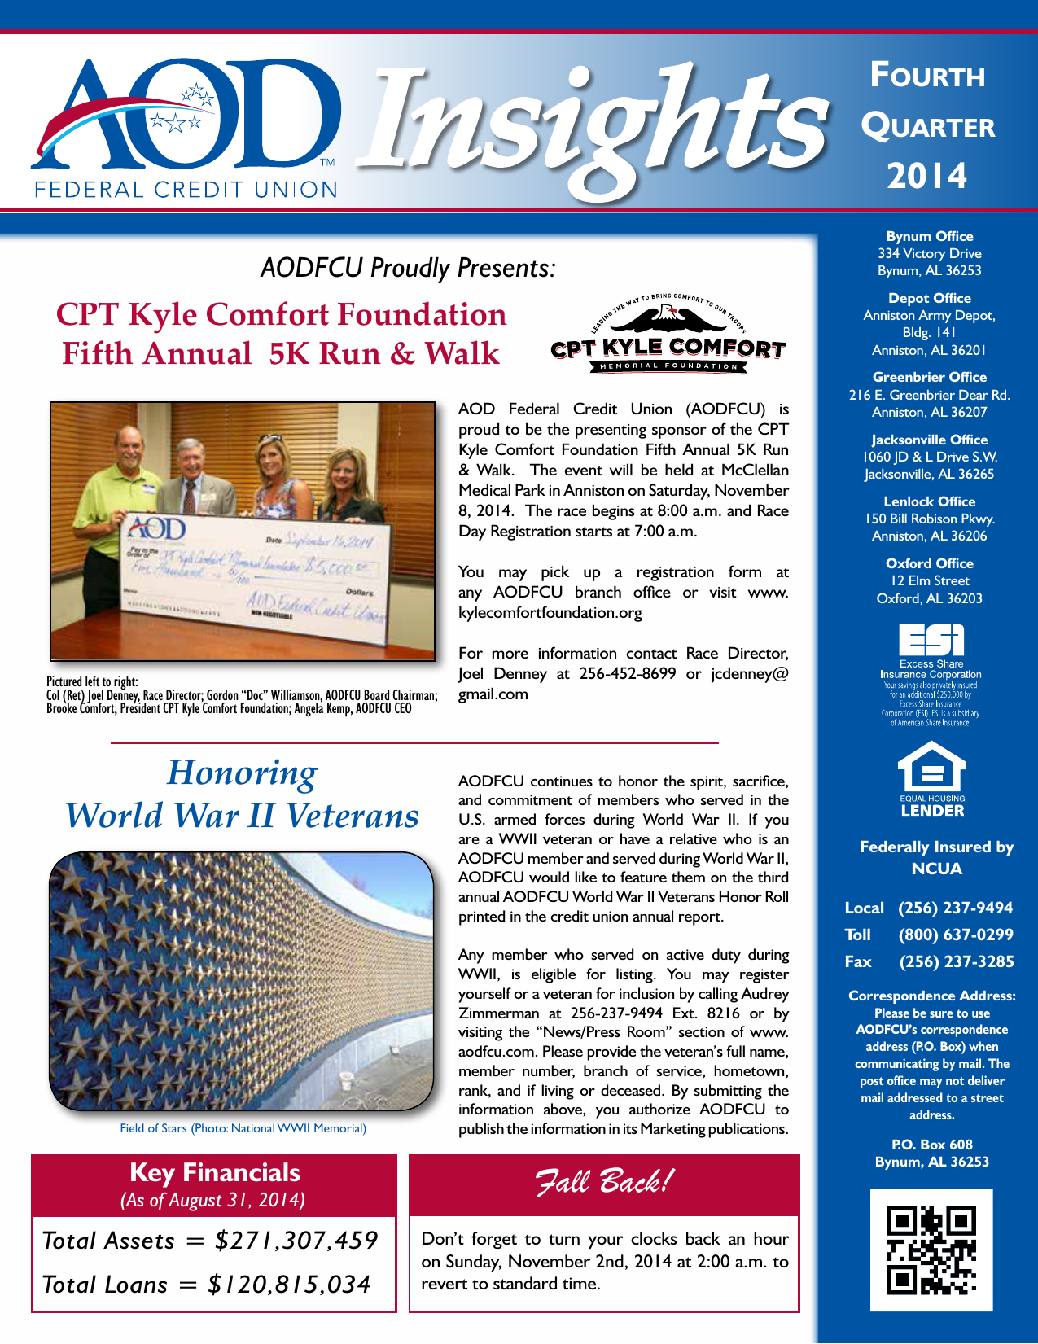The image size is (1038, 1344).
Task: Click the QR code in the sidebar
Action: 931,1250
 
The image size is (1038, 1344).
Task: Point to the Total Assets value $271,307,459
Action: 296,1241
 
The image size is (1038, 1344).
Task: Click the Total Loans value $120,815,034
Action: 289,1285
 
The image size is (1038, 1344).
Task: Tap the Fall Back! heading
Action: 603,1182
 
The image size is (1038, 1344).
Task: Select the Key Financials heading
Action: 215,1172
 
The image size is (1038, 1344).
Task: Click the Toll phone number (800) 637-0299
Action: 956,935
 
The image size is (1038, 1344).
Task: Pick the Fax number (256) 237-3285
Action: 957,961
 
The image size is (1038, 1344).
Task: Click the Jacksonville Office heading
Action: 930,440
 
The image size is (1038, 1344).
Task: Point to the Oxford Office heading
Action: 930,563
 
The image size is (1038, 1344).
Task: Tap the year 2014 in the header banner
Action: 927,176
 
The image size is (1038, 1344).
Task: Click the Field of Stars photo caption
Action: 243,1128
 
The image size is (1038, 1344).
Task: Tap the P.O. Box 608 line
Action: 931,1145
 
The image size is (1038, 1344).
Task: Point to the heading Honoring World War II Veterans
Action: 243,795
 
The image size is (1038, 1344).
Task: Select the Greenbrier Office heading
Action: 930,377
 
